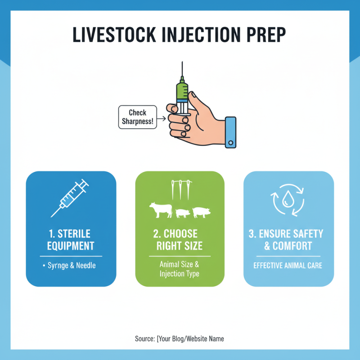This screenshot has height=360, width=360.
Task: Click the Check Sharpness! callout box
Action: [x=138, y=117]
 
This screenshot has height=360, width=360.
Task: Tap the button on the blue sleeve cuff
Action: [x=230, y=143]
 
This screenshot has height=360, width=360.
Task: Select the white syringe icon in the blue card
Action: [x=70, y=198]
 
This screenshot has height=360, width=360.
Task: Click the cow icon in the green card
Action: [x=161, y=210]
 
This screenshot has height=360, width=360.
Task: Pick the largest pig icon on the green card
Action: [x=201, y=212]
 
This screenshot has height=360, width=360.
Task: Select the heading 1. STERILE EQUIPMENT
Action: [x=71, y=240]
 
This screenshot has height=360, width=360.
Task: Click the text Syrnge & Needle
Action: [x=72, y=265]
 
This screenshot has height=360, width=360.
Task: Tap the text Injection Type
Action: [x=180, y=274]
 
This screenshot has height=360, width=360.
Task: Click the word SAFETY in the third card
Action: [x=305, y=234]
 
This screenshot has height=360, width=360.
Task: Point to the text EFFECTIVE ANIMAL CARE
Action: [x=288, y=265]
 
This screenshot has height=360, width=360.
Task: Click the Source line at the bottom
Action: [x=179, y=339]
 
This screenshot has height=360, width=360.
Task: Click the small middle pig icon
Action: [x=183, y=213]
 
